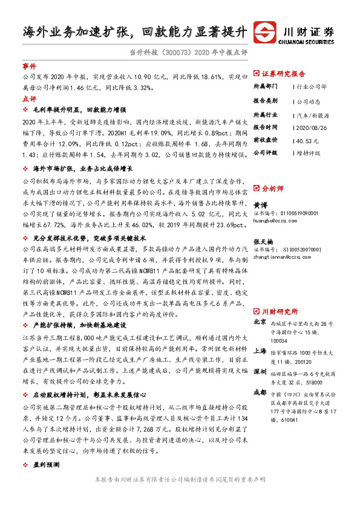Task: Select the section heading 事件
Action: point(29,66)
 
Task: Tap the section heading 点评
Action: point(29,98)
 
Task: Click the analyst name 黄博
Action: point(260,205)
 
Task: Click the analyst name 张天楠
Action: point(263,239)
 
